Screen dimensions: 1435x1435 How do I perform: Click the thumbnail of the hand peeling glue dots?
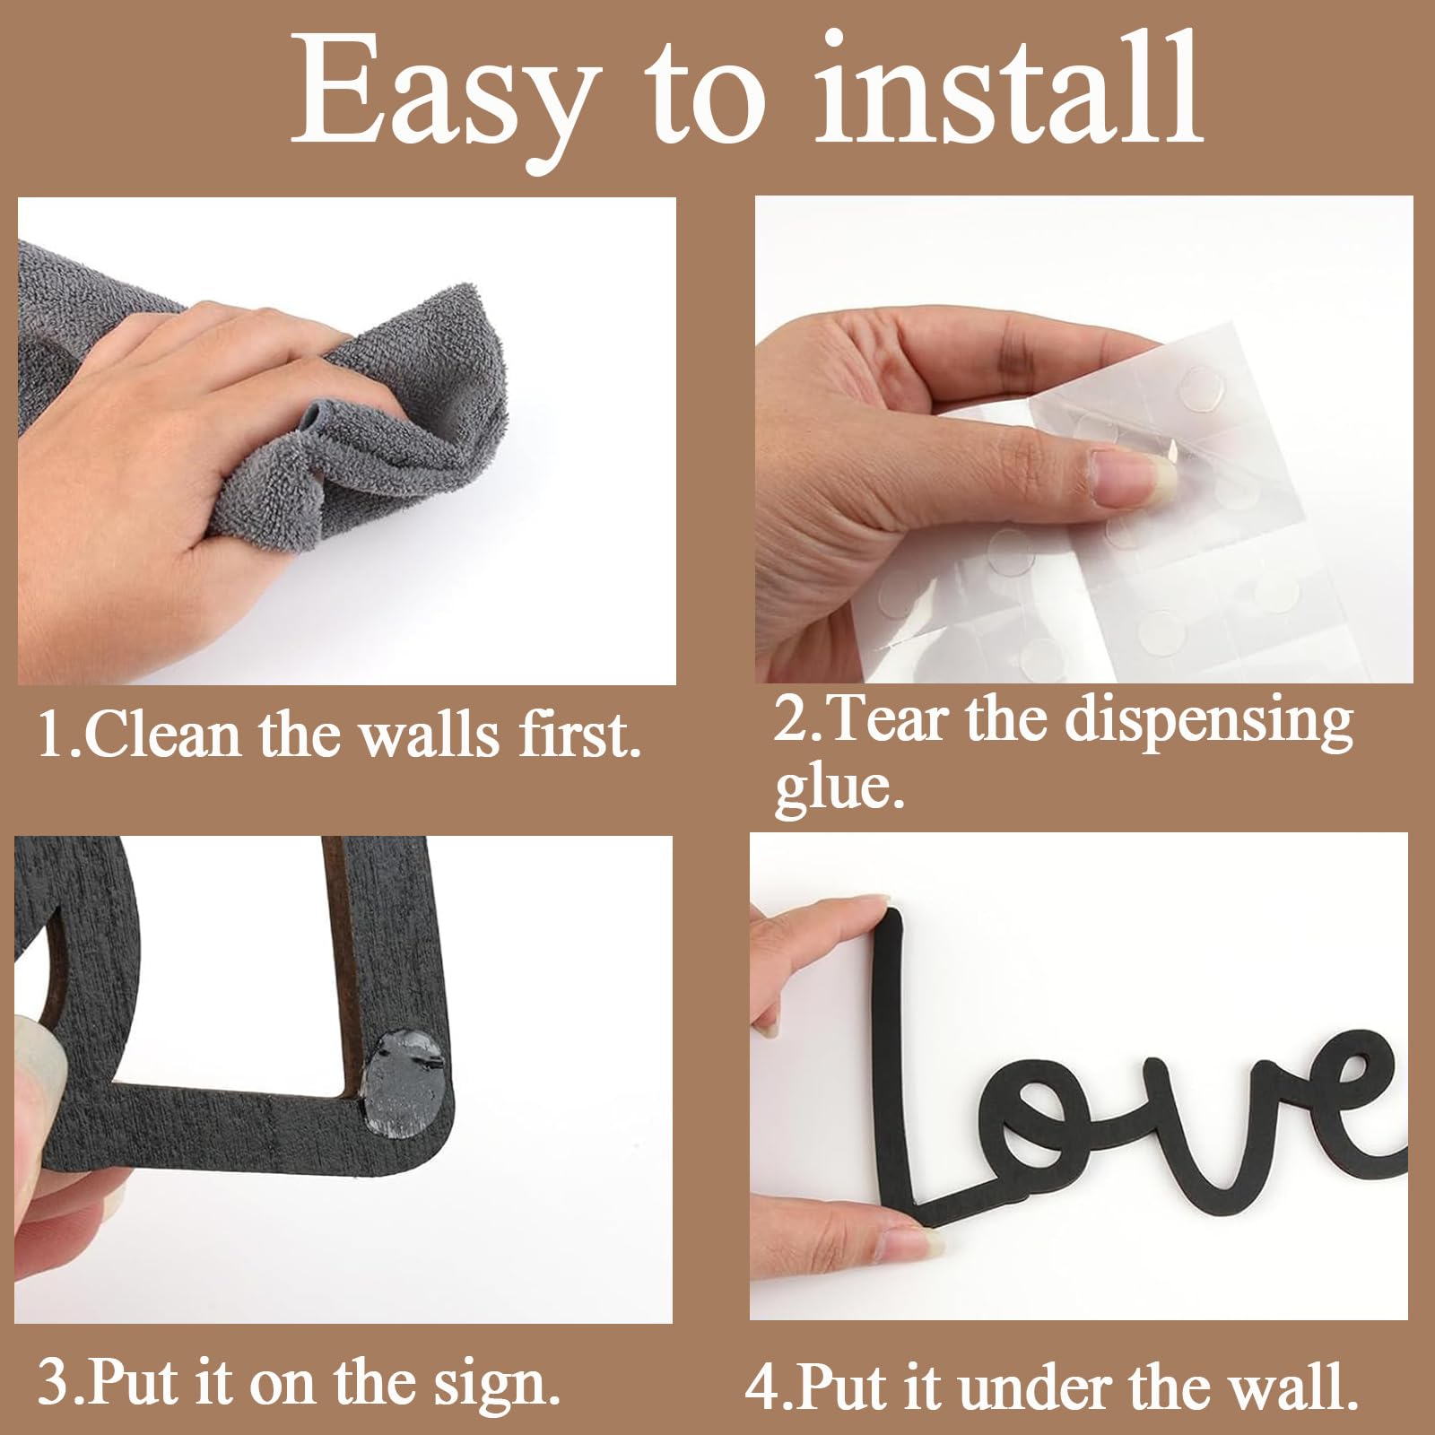1083,439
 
